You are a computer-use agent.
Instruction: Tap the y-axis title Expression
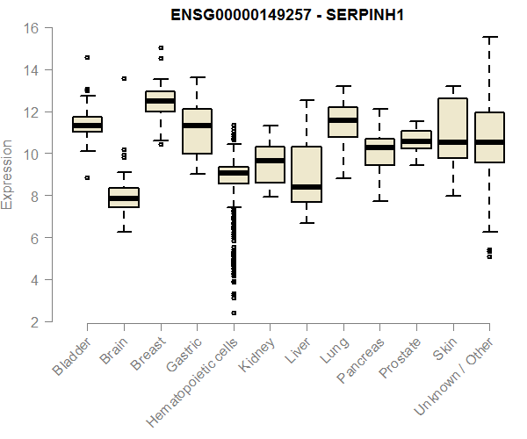pyautogui.click(x=8, y=174)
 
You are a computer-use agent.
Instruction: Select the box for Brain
pyautogui.click(x=124, y=198)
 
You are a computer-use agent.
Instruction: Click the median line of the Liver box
pyautogui.click(x=306, y=187)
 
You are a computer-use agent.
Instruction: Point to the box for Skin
pyautogui.click(x=452, y=128)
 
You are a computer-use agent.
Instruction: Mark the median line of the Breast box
pyautogui.click(x=160, y=101)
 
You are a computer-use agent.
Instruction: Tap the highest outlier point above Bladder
pyautogui.click(x=87, y=57)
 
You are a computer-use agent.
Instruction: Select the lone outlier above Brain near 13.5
pyautogui.click(x=124, y=78)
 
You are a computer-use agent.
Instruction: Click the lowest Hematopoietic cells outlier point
pyautogui.click(x=233, y=313)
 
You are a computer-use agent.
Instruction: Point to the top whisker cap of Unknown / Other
pyautogui.click(x=488, y=37)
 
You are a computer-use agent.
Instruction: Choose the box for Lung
pyautogui.click(x=343, y=121)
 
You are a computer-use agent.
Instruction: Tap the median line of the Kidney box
pyautogui.click(x=270, y=161)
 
